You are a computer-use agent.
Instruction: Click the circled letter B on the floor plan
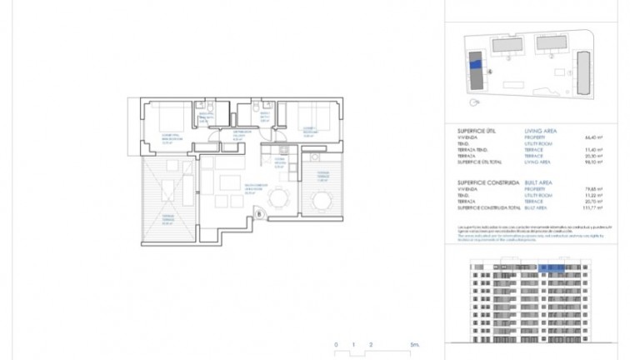click(x=259, y=214)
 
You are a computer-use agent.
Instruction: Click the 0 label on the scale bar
click(x=336, y=344)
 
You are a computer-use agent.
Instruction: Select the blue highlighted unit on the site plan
click(x=475, y=64)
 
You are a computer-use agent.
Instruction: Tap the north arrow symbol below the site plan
click(x=475, y=103)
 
